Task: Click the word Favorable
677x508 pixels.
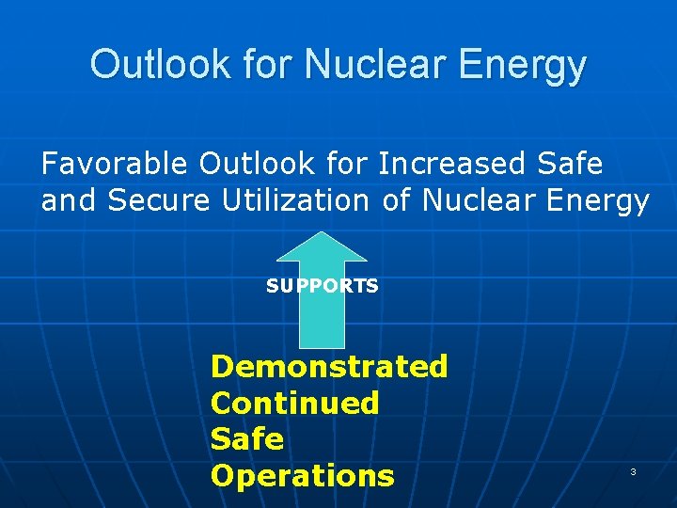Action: tap(115, 164)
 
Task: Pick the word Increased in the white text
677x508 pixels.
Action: tap(451, 164)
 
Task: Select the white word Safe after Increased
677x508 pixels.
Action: tap(570, 164)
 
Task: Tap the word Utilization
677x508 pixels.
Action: tap(297, 200)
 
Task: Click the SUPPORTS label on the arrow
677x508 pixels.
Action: tap(323, 286)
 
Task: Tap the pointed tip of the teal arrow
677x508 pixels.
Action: tap(323, 234)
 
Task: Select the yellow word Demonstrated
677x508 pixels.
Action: tap(329, 366)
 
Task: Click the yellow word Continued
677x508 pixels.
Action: tap(294, 403)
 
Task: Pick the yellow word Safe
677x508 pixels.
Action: tap(246, 439)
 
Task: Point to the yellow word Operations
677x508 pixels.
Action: tap(302, 476)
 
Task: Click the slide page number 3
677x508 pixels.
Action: tap(633, 471)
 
